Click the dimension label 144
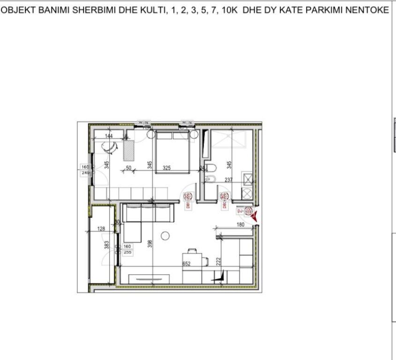(x=109, y=136)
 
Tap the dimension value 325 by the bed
(x=166, y=168)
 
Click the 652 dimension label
(x=187, y=264)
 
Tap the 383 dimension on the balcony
(x=106, y=246)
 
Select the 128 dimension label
(x=102, y=229)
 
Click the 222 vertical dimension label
(x=218, y=261)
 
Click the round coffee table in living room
(x=165, y=236)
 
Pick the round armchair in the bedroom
(x=110, y=146)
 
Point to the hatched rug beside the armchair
(x=128, y=150)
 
